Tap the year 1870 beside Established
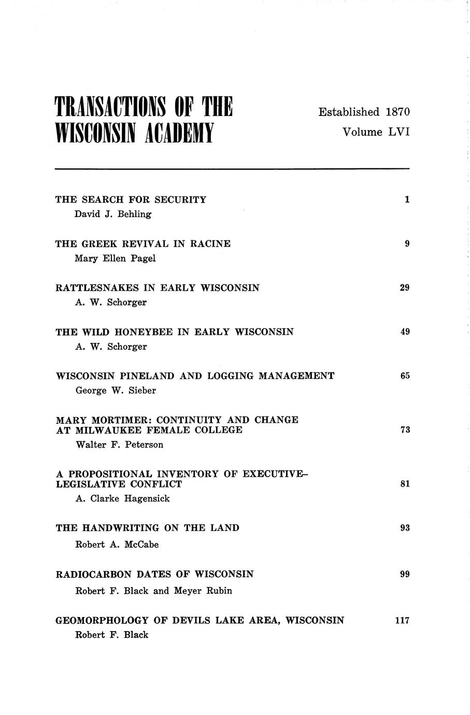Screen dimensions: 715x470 397,112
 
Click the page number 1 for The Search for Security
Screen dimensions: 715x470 407,199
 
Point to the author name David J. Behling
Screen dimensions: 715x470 113,214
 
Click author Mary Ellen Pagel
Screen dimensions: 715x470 115,259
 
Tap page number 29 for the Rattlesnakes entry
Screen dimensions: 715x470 405,288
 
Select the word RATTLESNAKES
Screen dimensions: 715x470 98,288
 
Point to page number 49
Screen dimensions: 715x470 405,332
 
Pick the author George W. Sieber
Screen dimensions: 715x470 116,391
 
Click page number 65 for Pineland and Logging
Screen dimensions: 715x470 405,376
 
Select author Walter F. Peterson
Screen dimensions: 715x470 119,445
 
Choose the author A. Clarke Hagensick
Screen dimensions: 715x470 123,499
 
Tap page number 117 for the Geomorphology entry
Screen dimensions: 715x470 402,620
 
